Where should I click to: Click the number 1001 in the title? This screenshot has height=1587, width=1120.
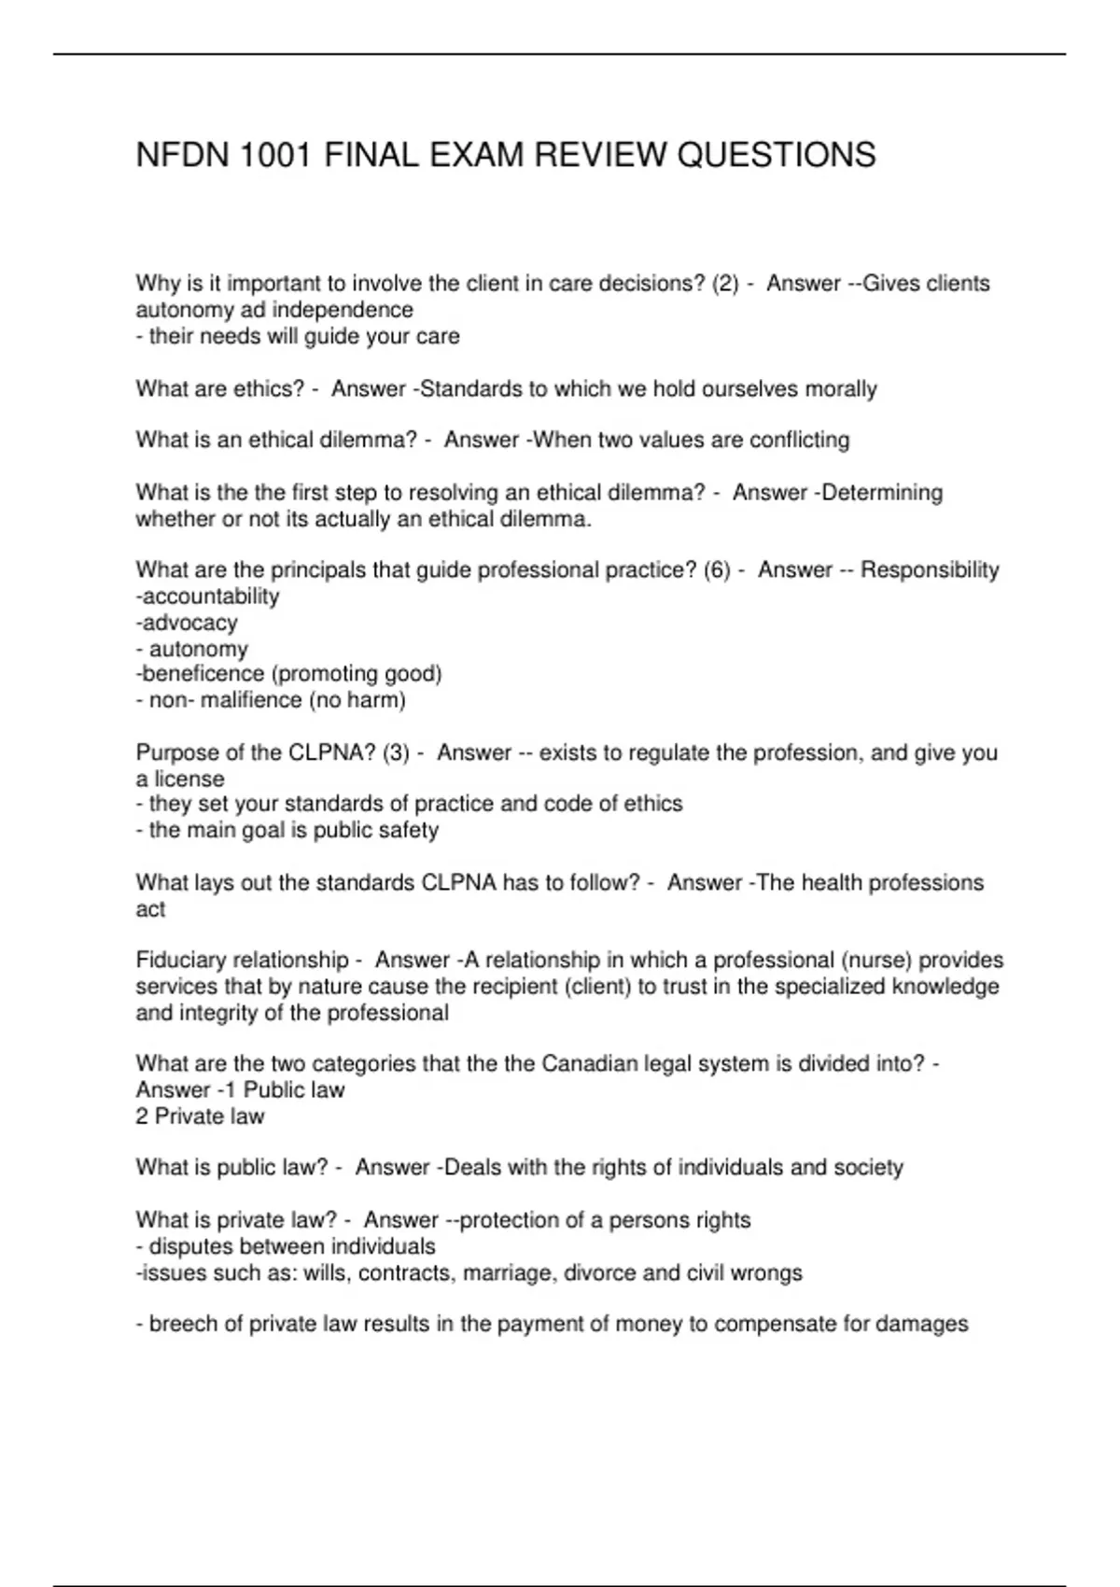[275, 155]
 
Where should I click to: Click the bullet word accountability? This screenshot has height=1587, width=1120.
[210, 597]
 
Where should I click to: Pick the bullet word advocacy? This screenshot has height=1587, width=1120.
[189, 623]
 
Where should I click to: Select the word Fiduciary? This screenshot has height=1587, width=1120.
[180, 961]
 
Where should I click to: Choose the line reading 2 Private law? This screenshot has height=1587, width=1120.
[200, 1117]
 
